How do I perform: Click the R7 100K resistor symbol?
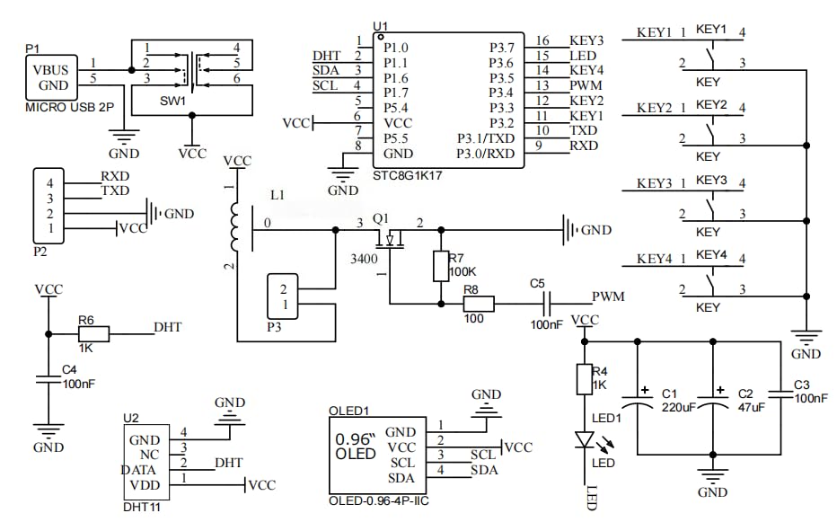440,266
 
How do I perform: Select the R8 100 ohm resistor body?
479,304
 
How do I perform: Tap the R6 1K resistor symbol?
94,334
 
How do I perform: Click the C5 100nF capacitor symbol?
547,304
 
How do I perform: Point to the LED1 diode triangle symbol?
585,439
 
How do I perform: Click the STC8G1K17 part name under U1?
408,175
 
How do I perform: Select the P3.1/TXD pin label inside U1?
486,138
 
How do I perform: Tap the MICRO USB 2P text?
69,108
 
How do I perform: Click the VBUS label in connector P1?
50,70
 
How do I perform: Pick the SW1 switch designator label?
172,101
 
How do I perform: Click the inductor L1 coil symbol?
235,226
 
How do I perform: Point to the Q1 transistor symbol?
390,239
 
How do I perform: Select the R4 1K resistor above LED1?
585,379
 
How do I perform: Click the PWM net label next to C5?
608,297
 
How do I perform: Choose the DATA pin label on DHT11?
138,470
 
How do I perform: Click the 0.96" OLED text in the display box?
356,447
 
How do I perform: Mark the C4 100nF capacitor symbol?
48,379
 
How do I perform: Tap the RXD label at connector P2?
115,176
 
